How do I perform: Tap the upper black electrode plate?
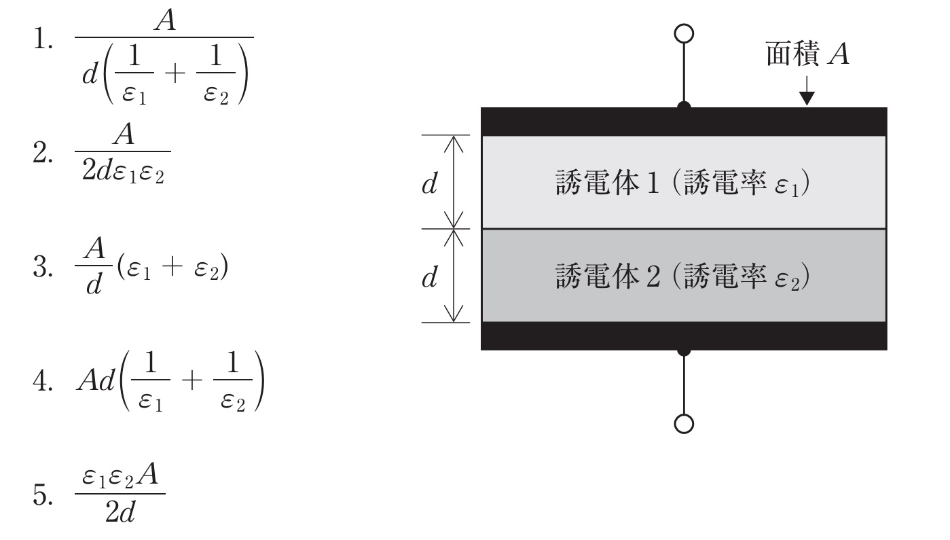coord(684,122)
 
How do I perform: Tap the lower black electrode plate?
coord(684,336)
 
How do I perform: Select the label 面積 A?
coord(807,54)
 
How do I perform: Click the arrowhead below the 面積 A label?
coord(807,98)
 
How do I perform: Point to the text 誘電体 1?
coord(607,183)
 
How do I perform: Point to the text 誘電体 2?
coord(607,276)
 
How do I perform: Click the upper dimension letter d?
coord(429,183)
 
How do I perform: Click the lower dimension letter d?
coord(429,277)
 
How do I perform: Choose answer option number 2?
coord(43,153)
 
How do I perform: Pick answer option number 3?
coord(43,267)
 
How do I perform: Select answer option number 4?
coord(43,380)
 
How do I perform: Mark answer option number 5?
coord(43,494)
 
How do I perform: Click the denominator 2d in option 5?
coord(120,512)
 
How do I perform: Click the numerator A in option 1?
coord(164,20)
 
